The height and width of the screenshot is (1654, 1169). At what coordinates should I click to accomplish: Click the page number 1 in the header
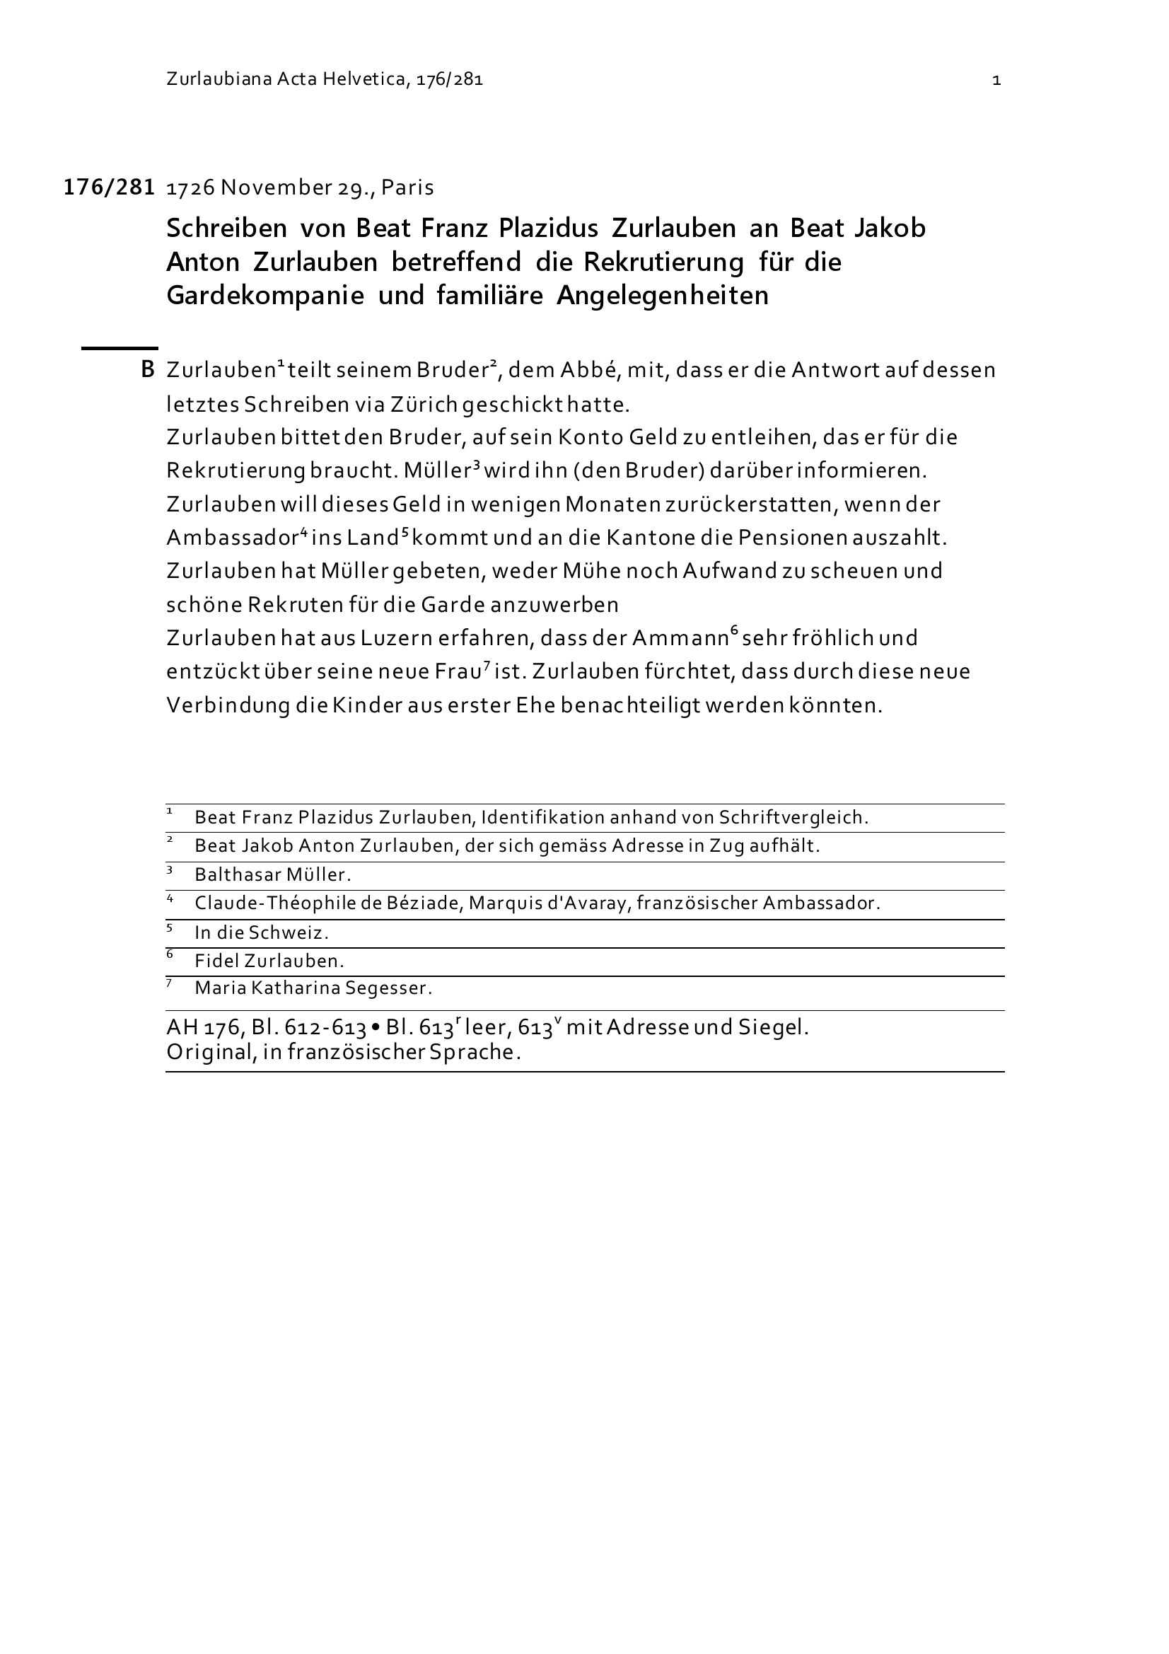click(x=996, y=80)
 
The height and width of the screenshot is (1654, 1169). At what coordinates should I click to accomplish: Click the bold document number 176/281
click(x=110, y=187)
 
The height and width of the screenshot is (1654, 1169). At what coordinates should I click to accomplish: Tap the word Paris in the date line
click(x=407, y=188)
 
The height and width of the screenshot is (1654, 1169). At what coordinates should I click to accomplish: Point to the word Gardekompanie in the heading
click(x=265, y=296)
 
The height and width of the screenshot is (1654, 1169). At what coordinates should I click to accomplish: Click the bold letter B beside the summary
click(x=148, y=370)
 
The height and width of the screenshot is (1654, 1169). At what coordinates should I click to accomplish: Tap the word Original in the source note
click(x=209, y=1053)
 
